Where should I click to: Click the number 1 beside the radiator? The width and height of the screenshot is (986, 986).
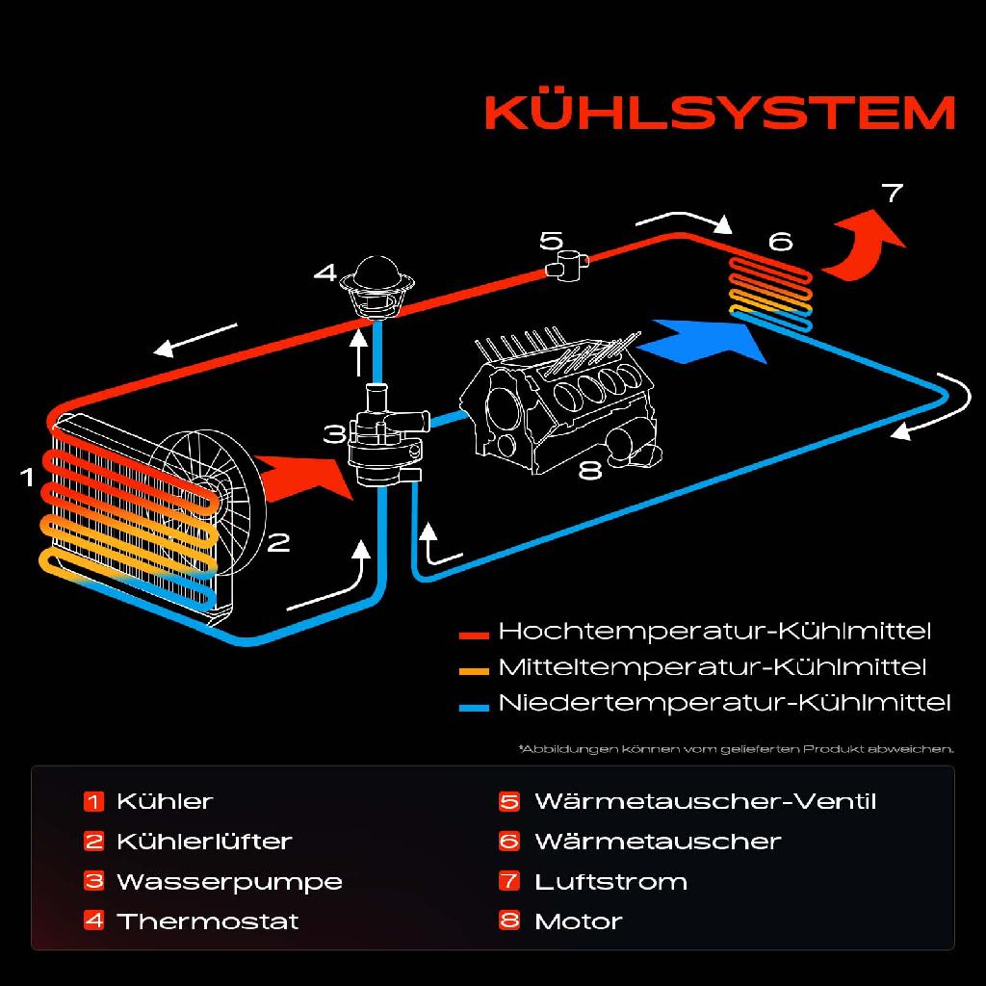pyautogui.click(x=28, y=476)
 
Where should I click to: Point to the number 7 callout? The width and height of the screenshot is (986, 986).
pyautogui.click(x=893, y=193)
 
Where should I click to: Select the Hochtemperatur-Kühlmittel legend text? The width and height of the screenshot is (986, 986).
pyautogui.click(x=714, y=633)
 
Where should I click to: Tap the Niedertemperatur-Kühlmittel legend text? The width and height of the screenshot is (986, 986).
pyautogui.click(x=724, y=703)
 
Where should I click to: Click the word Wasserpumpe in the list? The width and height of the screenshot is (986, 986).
pyautogui.click(x=229, y=881)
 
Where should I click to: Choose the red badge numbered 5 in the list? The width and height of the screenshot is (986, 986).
pyautogui.click(x=509, y=801)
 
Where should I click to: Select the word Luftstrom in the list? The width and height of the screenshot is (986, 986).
pyautogui.click(x=610, y=881)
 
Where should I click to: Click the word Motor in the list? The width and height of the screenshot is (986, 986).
pyautogui.click(x=578, y=921)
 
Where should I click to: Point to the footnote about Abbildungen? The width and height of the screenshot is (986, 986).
pyautogui.click(x=736, y=748)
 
